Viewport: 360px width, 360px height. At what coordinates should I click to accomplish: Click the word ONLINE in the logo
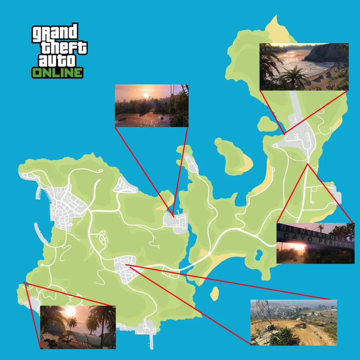(x=57, y=72)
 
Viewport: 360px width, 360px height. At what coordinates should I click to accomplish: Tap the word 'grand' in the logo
(x=55, y=33)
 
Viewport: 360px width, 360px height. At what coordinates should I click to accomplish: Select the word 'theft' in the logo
(x=64, y=48)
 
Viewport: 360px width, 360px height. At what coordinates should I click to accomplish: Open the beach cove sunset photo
(x=304, y=67)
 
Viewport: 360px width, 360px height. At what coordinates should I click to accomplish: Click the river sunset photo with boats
(x=151, y=106)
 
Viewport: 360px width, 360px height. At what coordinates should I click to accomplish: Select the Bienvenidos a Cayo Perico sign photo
(x=315, y=243)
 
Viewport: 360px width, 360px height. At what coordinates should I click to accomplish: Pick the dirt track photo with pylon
(x=293, y=322)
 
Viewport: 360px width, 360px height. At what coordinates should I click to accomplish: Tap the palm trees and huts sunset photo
(x=78, y=327)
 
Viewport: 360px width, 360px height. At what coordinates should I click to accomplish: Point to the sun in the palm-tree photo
(x=70, y=311)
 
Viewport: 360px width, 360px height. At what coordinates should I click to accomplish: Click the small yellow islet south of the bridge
(x=214, y=293)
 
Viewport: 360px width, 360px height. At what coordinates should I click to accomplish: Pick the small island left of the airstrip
(x=267, y=124)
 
